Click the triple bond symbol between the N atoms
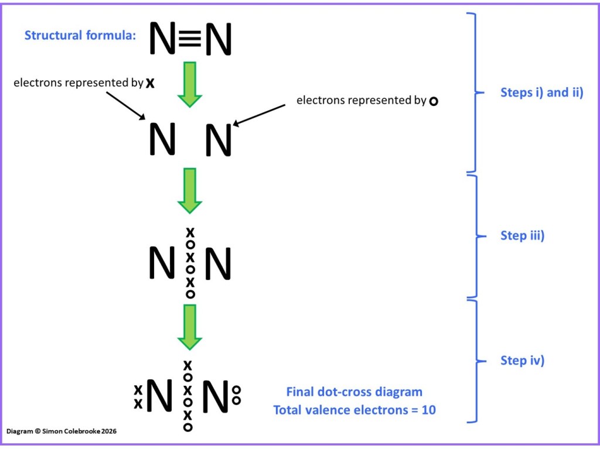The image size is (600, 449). tap(190, 39)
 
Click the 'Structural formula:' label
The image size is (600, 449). tap(80, 36)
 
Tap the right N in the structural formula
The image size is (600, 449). tap(218, 39)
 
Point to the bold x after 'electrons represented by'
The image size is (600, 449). tap(150, 83)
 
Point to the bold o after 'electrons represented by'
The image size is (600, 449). tap(433, 101)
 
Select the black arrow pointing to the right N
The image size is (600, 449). tap(259, 115)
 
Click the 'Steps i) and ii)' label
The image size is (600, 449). tap(541, 92)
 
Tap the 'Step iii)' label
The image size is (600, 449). tap(522, 235)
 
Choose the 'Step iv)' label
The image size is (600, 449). tap(522, 361)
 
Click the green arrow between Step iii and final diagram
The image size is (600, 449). tap(189, 327)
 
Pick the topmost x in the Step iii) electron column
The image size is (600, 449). tap(190, 232)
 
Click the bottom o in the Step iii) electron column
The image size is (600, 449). tap(190, 294)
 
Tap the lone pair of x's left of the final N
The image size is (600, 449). tap(138, 396)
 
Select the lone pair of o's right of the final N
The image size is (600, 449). tap(236, 395)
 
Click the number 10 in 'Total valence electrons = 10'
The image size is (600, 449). tap(428, 410)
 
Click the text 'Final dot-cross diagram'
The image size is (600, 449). tap(354, 392)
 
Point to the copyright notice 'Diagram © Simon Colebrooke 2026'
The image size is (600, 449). tap(62, 431)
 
